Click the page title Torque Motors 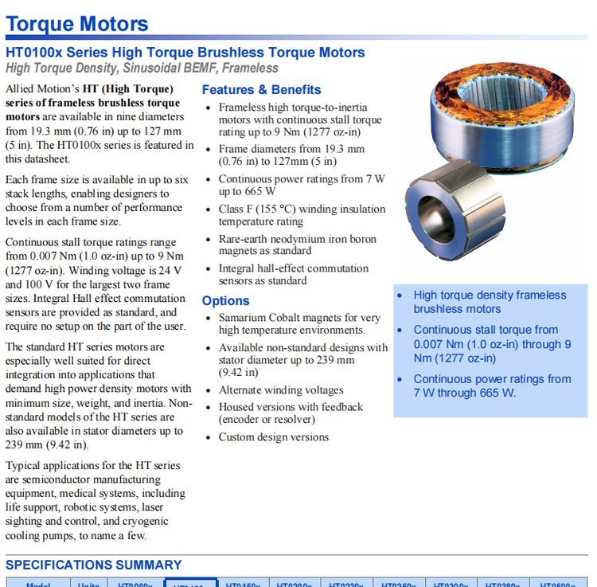(x=76, y=24)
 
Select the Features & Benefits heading (x=261, y=90)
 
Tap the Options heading (x=225, y=301)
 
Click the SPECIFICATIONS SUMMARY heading (x=94, y=565)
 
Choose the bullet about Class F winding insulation (x=302, y=215)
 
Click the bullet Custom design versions (x=273, y=437)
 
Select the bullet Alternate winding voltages (x=281, y=390)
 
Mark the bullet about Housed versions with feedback (x=291, y=413)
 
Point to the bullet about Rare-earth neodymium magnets (x=297, y=245)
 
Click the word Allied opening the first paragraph (x=21, y=89)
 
